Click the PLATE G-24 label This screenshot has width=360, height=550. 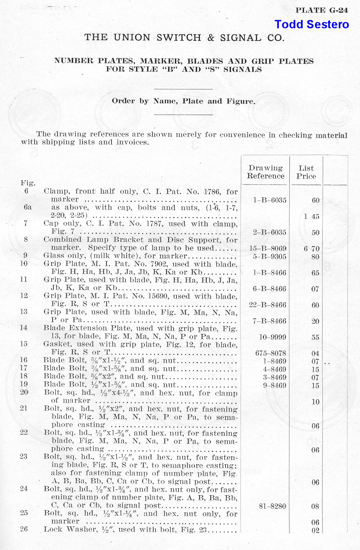[322, 10]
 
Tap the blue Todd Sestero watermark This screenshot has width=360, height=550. [311, 24]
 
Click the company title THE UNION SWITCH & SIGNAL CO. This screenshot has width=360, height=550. [184, 38]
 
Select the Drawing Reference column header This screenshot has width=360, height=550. [265, 172]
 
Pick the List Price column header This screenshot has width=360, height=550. [306, 172]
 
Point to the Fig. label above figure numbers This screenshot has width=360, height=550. [28, 183]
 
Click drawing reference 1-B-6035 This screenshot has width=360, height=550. [269, 200]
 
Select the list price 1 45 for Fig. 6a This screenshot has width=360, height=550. [311, 216]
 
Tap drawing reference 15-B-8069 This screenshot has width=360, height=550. [268, 248]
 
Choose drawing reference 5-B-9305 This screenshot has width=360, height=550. [269, 256]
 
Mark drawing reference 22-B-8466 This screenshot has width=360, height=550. [268, 305]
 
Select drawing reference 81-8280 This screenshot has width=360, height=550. [272, 506]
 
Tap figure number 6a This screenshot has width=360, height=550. [28, 207]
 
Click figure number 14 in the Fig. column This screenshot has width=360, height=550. [24, 328]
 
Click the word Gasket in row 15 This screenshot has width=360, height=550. [57, 344]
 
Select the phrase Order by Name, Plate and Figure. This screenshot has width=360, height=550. [183, 101]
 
